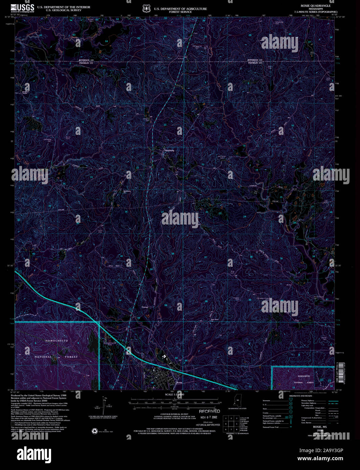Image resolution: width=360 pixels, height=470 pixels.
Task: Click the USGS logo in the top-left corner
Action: [22, 8]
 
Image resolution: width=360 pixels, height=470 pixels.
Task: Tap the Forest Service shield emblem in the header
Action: [146, 8]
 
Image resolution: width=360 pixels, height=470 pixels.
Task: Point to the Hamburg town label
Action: [169, 150]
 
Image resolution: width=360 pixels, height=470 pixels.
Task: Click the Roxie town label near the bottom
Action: [179, 382]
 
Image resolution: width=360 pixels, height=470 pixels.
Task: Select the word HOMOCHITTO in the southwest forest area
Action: [57, 341]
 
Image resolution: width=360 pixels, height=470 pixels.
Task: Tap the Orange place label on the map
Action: [145, 307]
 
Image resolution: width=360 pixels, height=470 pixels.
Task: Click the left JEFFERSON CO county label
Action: [86, 60]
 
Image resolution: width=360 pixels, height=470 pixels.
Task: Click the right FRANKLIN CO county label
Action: [255, 63]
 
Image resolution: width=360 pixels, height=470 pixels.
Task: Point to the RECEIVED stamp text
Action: [209, 412]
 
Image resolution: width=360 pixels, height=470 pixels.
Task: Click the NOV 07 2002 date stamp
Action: [209, 417]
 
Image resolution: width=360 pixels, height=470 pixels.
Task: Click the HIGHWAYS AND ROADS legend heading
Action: [301, 396]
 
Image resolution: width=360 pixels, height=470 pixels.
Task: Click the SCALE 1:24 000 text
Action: [175, 395]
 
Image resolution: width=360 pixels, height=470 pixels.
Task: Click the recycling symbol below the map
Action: [94, 431]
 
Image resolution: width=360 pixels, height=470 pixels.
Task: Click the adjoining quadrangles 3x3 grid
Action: [231, 424]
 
